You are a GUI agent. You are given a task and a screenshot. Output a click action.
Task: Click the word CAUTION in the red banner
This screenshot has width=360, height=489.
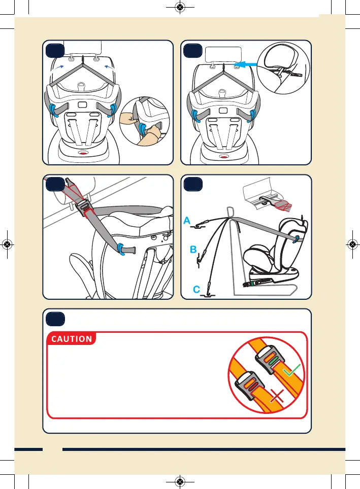click(x=71, y=339)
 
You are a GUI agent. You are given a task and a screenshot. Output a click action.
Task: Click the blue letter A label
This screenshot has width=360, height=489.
click(x=187, y=221)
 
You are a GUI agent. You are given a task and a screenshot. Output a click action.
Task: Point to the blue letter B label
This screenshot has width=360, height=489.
click(x=193, y=250)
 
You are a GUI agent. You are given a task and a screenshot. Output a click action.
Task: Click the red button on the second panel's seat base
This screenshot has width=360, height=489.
click(x=222, y=156)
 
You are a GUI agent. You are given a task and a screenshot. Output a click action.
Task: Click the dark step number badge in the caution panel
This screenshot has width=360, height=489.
click(x=54, y=319)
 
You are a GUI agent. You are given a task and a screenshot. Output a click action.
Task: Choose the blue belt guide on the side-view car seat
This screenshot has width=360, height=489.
click(x=295, y=237)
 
